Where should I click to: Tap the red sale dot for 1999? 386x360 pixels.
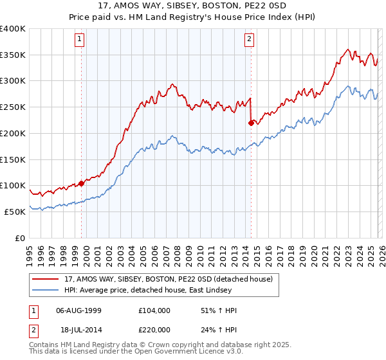[81, 183]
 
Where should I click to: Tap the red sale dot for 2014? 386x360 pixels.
[251, 122]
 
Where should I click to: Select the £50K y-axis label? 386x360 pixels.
[15, 212]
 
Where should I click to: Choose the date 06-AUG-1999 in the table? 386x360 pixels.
[78, 310]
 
